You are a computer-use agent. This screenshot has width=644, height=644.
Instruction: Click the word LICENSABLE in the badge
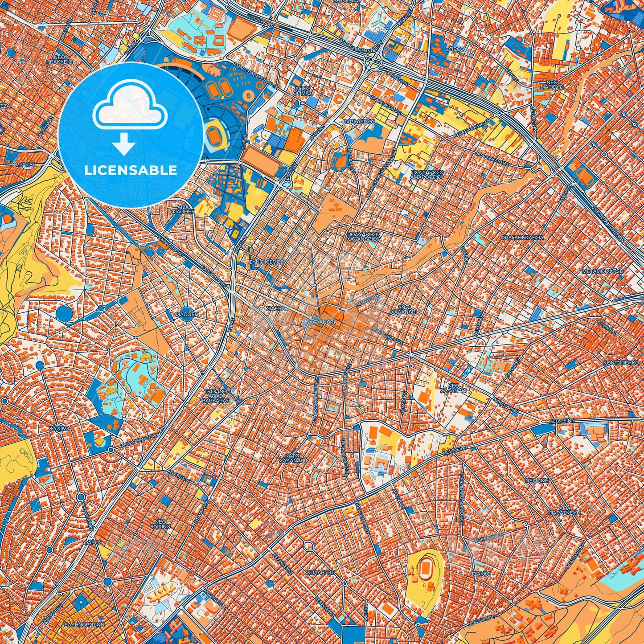[131, 170]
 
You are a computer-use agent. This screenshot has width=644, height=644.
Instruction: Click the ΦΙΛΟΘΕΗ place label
[186, 314]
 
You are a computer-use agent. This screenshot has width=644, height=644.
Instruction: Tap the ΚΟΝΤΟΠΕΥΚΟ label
[623, 363]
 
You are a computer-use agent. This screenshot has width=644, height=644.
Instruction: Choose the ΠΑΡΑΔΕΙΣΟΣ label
[359, 121]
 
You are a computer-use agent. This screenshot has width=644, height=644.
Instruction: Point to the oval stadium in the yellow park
[425, 571]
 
